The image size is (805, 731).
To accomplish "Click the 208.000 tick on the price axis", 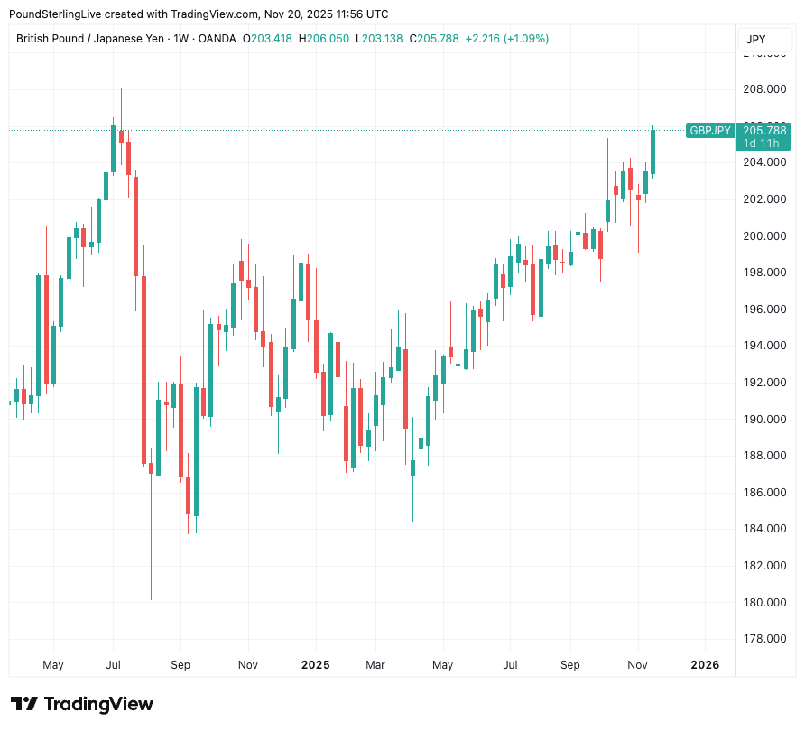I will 763,89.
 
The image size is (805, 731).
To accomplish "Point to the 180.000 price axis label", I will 763,602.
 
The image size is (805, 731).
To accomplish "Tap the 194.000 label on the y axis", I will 763,346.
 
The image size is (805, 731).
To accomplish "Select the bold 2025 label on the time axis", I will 316,665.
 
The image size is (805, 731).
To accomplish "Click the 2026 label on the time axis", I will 705,665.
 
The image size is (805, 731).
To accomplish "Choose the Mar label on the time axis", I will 375,665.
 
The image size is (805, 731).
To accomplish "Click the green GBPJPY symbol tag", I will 710,131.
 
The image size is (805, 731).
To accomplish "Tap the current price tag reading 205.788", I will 764,131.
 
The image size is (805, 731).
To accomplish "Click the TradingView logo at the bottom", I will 82,704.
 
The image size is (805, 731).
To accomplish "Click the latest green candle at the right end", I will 652,151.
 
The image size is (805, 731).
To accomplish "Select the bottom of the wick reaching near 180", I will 151,598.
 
